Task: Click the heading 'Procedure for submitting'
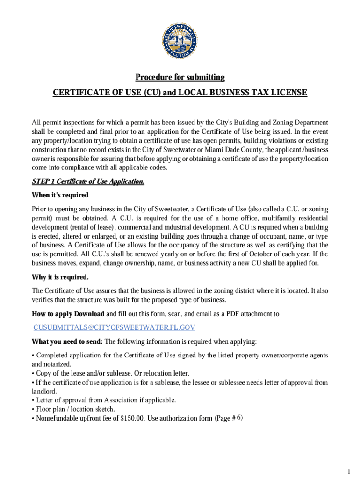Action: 180,77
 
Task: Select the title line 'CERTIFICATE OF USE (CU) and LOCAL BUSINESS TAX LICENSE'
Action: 180,93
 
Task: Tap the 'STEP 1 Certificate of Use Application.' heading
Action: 88,181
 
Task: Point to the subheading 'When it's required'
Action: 60,195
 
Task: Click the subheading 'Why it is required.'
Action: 60,277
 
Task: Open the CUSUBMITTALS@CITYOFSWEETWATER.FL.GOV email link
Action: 114,327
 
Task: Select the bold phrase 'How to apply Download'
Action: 68,313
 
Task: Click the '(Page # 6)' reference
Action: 228,418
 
